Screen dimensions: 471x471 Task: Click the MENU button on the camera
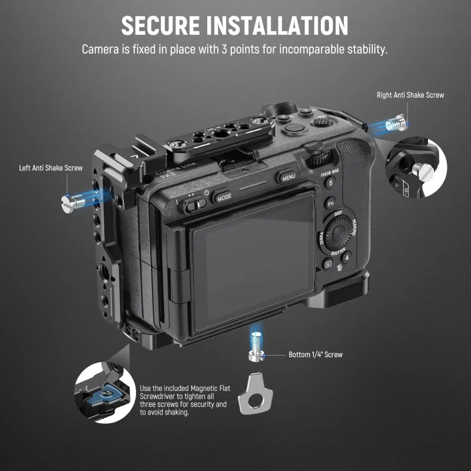288,177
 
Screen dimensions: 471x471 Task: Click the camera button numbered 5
331,183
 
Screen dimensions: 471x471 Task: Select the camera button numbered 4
347,257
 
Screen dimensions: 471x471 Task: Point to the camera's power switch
194,205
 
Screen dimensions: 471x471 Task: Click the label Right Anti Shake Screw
410,95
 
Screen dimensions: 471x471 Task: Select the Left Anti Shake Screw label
51,168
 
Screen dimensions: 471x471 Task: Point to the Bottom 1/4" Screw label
316,355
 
